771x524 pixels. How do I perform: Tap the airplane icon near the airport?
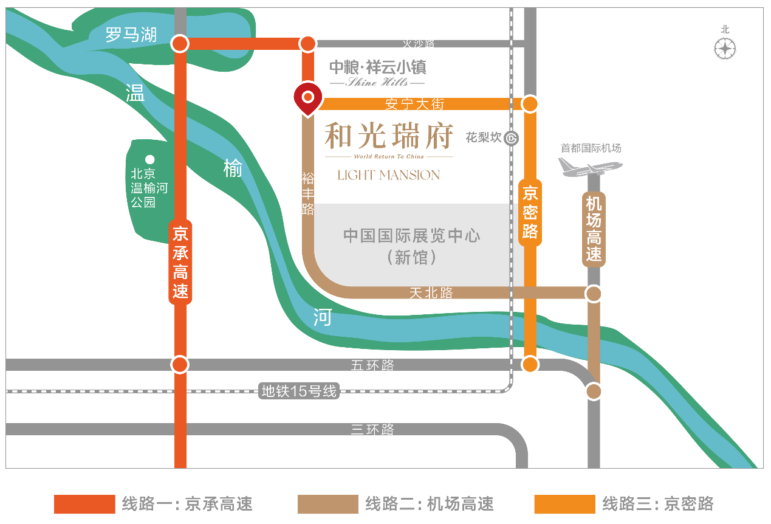click(x=589, y=166)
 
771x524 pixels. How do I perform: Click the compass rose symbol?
click(x=725, y=48)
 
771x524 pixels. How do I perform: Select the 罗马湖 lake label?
click(x=131, y=35)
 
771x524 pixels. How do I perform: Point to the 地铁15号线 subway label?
click(x=298, y=391)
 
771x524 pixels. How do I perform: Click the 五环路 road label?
click(x=372, y=365)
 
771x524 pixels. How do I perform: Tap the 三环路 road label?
click(x=372, y=429)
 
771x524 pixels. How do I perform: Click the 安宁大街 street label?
click(x=415, y=104)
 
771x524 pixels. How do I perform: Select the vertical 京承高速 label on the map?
click(x=180, y=262)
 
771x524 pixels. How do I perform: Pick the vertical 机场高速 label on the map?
click(x=594, y=229)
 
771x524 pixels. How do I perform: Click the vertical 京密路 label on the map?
click(x=530, y=212)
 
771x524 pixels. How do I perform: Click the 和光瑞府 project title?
click(x=389, y=136)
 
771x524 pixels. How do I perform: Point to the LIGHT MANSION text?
click(x=389, y=175)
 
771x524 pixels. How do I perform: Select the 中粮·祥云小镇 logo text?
click(x=377, y=66)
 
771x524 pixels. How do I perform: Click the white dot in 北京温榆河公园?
click(x=149, y=160)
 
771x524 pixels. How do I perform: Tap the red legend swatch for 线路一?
click(x=84, y=504)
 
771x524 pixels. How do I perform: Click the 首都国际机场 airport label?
click(x=591, y=148)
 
